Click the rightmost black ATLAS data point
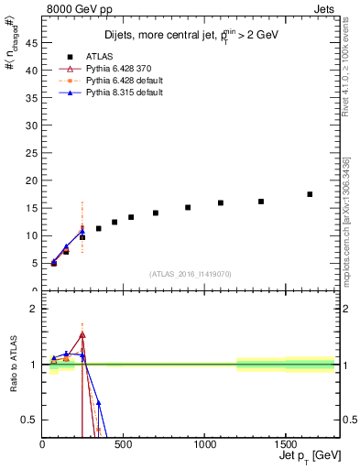[x=310, y=194]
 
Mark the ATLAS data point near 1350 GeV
[x=261, y=202]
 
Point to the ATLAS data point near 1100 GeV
[x=221, y=202]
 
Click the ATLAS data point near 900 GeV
[x=188, y=207]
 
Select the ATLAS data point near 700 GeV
[x=156, y=213]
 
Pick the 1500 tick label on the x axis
[x=285, y=445]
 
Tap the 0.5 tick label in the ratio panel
[x=30, y=420]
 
